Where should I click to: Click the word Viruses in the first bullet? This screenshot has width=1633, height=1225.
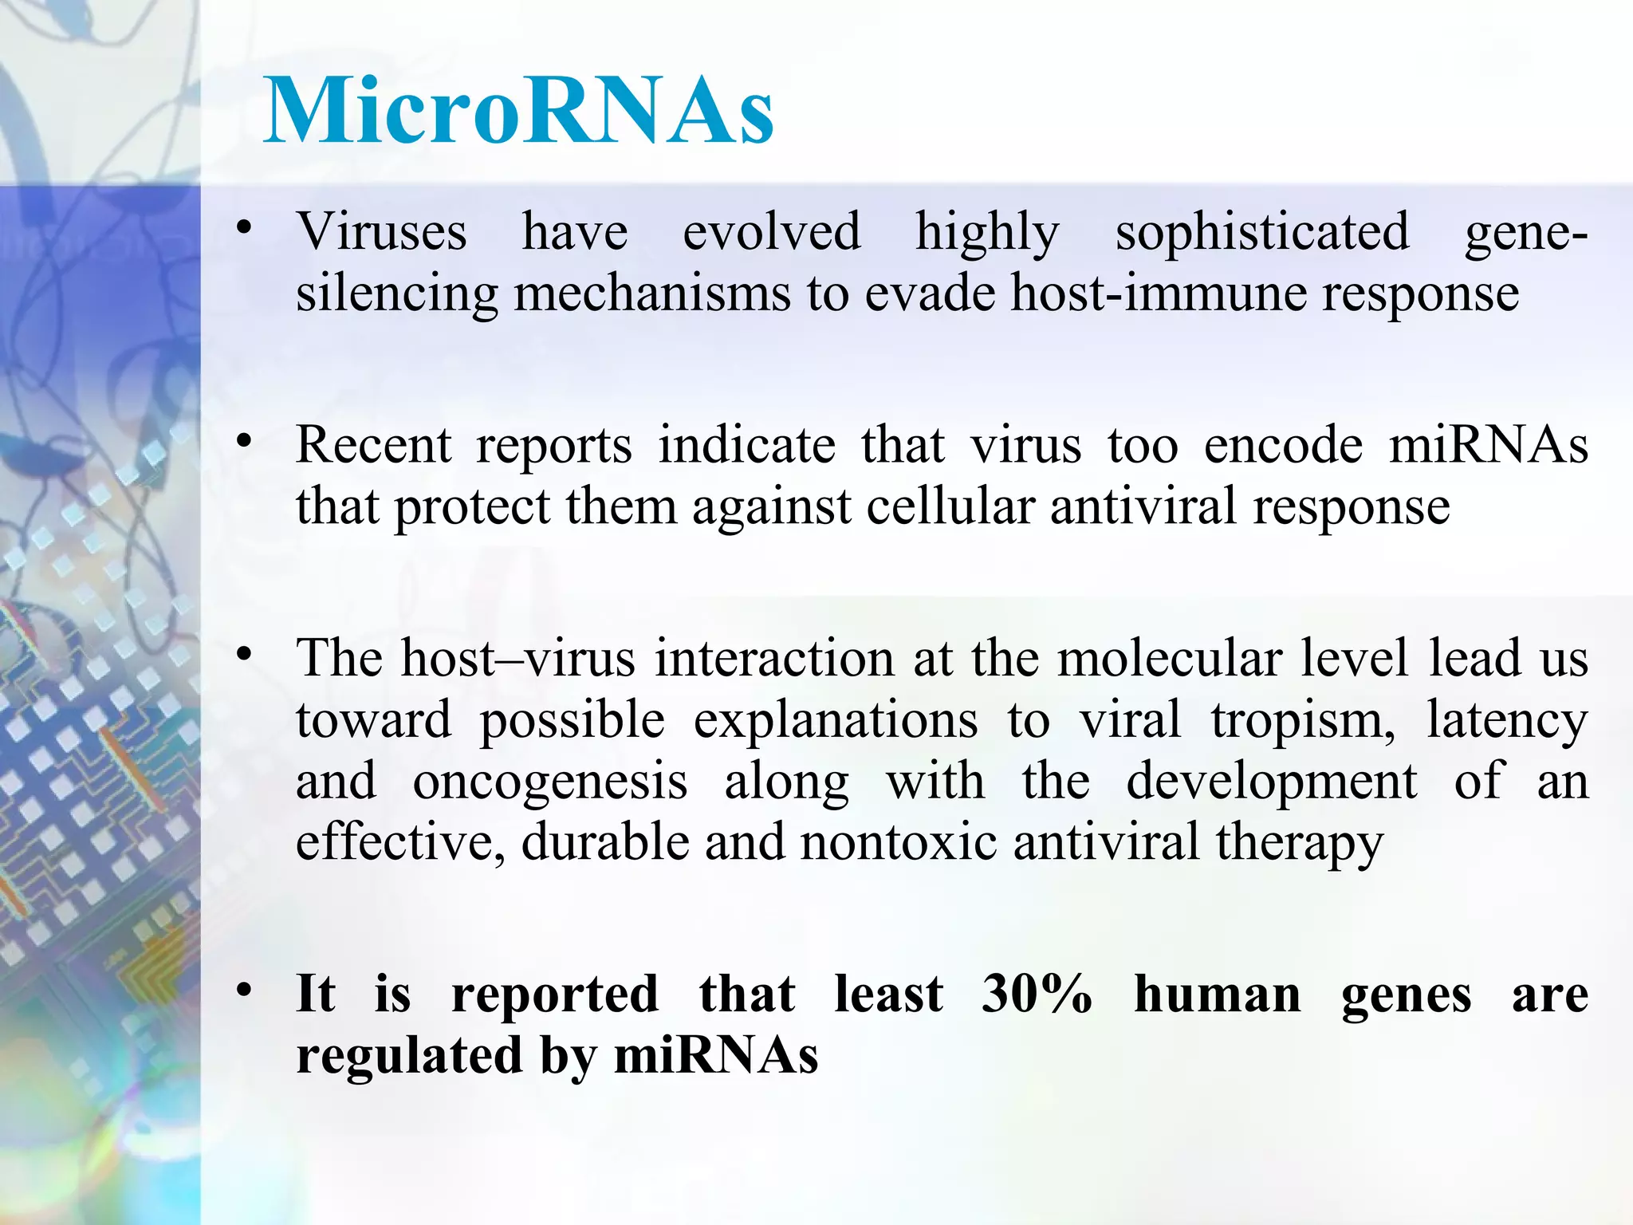click(x=381, y=232)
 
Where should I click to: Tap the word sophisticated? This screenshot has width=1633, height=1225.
click(x=1261, y=232)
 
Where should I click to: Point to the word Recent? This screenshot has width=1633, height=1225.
click(x=373, y=445)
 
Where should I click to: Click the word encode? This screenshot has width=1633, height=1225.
click(x=1283, y=445)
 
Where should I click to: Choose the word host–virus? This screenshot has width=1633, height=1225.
click(x=518, y=659)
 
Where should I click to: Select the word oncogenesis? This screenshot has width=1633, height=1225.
click(x=550, y=782)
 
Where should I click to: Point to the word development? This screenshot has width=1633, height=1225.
click(x=1272, y=782)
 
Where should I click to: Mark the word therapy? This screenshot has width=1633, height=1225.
click(x=1300, y=844)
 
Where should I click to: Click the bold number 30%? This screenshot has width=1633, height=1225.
click(x=1037, y=995)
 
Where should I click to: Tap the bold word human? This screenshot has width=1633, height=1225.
click(x=1218, y=995)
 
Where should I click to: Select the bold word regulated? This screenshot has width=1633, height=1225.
click(x=410, y=1057)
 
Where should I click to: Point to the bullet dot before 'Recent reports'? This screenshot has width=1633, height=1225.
click(x=244, y=441)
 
